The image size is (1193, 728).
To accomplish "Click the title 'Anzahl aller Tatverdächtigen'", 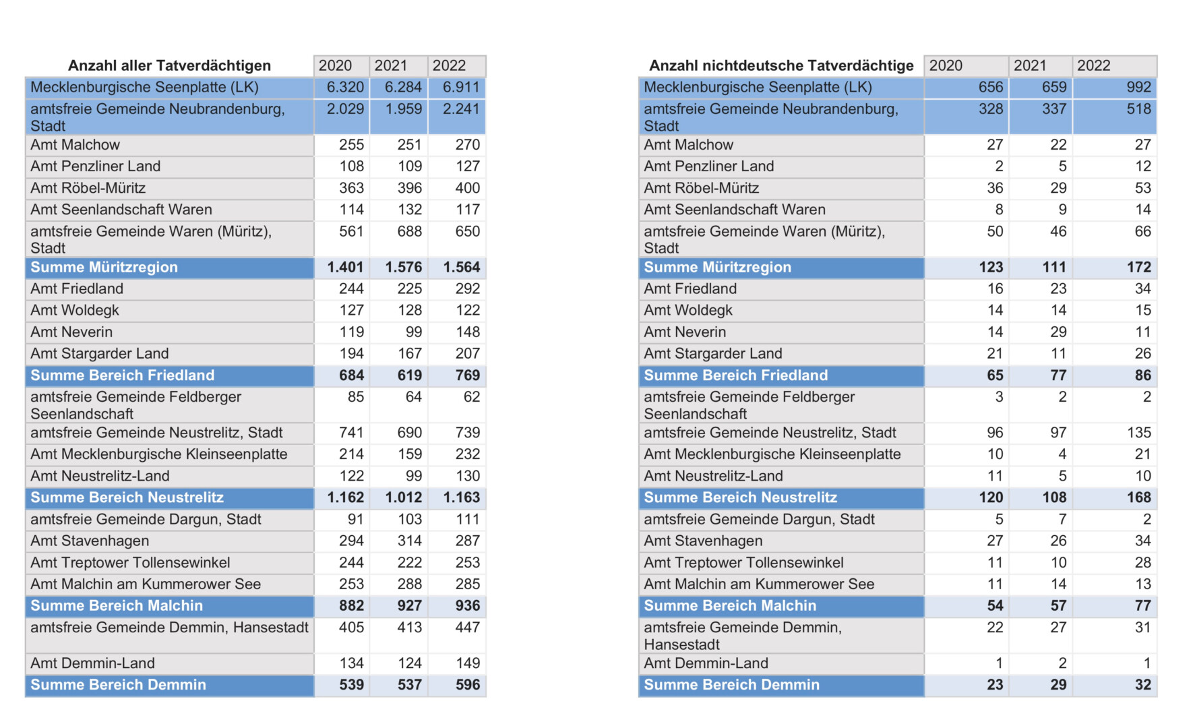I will pos(169,65).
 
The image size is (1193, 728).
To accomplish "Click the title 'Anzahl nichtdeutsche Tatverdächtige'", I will pos(781,65).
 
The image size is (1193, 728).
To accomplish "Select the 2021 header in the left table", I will pos(391,65).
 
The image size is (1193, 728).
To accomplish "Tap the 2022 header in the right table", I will pos(1093,65).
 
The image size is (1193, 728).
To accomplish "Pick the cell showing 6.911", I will pos(461,88).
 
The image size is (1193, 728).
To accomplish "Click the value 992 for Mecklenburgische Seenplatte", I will pos(1138,88).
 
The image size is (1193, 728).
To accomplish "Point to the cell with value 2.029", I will pos(345,109).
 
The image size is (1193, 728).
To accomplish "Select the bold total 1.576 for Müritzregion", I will pos(403,268).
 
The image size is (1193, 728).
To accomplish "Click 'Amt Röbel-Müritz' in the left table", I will pos(88,188).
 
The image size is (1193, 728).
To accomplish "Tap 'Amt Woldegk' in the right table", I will pos(688,311).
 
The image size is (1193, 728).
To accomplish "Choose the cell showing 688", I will pos(409,232).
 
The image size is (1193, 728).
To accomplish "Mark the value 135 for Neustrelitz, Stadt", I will pos(1138,433).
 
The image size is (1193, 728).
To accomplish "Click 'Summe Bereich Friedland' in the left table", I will pos(122,375).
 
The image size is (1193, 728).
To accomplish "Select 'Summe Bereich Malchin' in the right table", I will pos(730,606).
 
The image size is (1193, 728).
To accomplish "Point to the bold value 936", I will pos(467,606).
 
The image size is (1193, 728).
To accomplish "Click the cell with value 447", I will pos(467,628).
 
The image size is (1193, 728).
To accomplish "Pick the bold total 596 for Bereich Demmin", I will pos(467,685).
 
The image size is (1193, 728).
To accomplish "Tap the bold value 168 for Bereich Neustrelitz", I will pos(1138,497).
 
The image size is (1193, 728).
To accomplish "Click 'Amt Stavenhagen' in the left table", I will pos(90,541).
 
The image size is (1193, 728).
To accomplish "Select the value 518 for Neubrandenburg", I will pos(1138,109).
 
